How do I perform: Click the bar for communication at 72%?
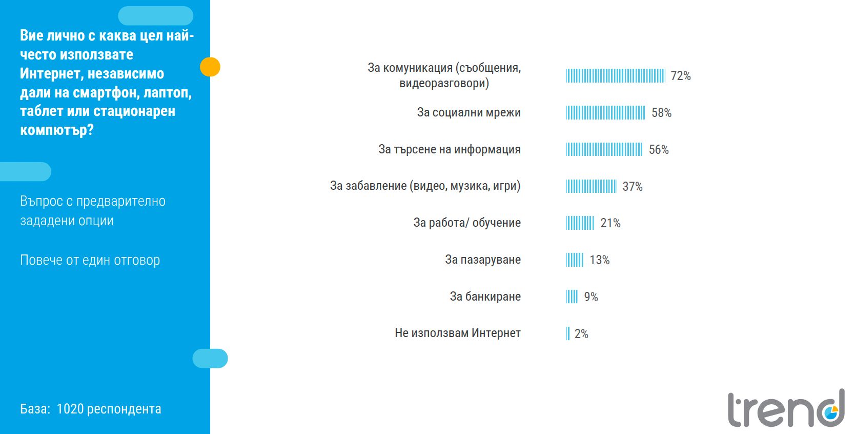tap(615, 76)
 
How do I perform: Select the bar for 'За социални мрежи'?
tap(605, 113)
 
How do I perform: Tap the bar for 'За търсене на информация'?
tap(604, 149)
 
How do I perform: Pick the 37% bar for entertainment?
tap(591, 186)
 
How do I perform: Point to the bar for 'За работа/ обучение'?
tap(580, 223)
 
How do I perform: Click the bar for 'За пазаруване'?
tap(574, 260)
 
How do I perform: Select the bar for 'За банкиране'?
tap(572, 297)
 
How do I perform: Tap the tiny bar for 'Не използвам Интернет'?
tap(567, 333)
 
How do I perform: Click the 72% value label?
tap(681, 76)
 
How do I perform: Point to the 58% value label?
tap(661, 113)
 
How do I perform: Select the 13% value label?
tap(599, 260)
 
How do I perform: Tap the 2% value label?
tap(581, 334)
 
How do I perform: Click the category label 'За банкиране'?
tap(485, 297)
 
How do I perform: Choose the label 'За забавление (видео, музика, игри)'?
tap(425, 186)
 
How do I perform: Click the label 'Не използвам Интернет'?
tap(457, 333)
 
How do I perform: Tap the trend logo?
tap(786, 409)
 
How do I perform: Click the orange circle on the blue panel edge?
tap(210, 67)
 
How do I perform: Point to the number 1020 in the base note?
tap(70, 409)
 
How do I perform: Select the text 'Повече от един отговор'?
tap(90, 260)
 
